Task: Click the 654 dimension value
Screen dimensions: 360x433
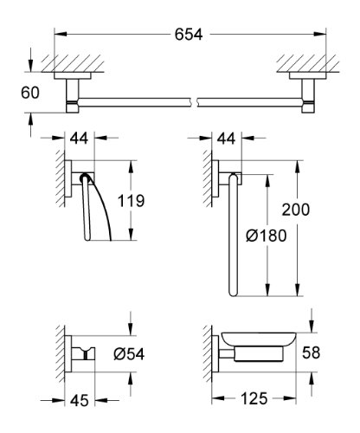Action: pos(189,35)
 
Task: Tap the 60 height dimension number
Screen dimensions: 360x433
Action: pos(30,93)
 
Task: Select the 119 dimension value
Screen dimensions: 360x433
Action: pos(131,201)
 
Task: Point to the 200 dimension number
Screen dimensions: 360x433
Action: pos(296,210)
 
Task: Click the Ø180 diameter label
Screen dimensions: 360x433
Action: pos(267,236)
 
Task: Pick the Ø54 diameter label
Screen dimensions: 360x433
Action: pos(129,354)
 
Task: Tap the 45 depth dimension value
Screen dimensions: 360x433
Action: pos(80,400)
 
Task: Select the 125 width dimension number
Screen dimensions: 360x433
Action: pos(254,398)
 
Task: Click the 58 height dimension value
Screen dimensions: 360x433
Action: pos(312,352)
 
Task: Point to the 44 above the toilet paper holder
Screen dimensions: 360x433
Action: pos(79,139)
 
